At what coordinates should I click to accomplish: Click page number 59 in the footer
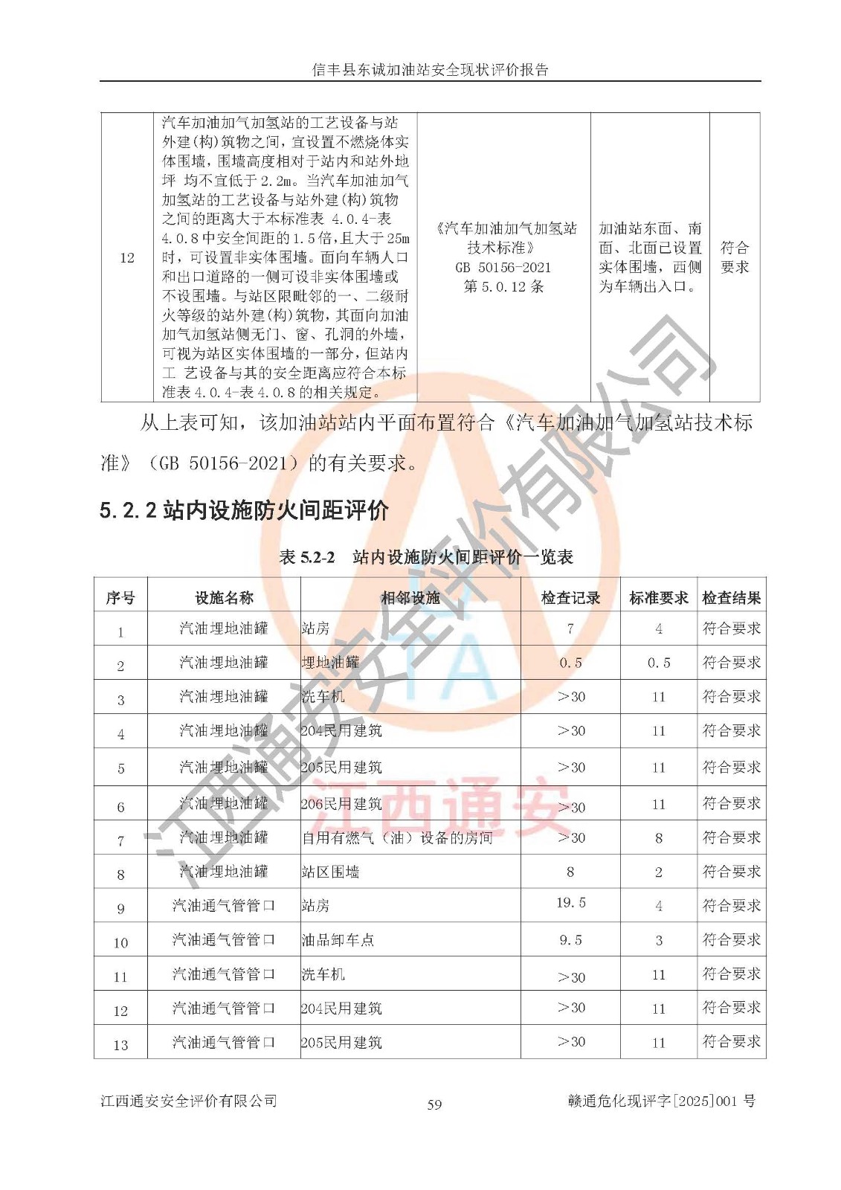coord(434,1104)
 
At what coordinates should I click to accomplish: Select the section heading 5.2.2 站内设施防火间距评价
coord(244,510)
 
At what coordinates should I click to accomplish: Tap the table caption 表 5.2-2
coord(307,557)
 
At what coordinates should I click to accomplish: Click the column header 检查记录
coord(570,598)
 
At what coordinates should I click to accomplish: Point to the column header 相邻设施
coord(410,598)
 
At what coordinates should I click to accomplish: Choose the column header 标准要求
coord(658,598)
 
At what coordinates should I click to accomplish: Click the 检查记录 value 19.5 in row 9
coord(570,903)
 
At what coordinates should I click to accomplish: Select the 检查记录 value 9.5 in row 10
coord(570,940)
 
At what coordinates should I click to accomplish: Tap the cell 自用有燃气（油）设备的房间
coord(397,838)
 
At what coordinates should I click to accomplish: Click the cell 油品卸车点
coord(338,940)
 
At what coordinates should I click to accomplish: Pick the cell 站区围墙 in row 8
coord(330,872)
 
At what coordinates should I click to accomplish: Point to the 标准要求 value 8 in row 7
coord(658,838)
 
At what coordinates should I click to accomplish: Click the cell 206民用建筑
coord(341,804)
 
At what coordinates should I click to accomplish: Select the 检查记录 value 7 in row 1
coord(570,629)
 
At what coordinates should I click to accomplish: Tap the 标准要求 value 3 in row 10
coord(658,940)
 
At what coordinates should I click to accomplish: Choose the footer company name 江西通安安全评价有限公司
coord(189,1101)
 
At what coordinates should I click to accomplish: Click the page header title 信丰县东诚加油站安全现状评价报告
coord(430,70)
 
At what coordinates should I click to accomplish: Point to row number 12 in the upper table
coord(127,257)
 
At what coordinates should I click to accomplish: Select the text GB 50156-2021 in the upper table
coord(503,267)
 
